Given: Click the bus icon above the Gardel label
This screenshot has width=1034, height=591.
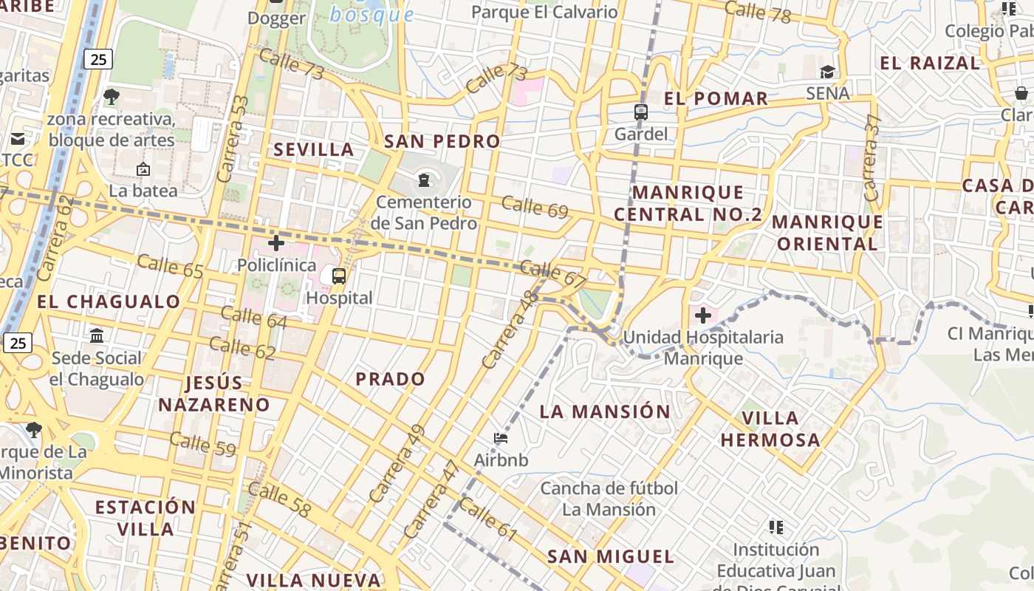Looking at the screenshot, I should click(x=641, y=112).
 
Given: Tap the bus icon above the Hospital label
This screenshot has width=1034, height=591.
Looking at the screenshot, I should click(x=339, y=276).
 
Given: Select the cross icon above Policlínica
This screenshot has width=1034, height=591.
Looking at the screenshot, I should click(x=276, y=242).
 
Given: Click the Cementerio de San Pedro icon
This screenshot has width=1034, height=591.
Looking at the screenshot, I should click(x=424, y=180).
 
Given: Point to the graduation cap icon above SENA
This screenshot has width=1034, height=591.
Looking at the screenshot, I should click(x=827, y=72).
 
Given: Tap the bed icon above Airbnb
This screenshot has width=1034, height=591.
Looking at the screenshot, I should click(x=501, y=438).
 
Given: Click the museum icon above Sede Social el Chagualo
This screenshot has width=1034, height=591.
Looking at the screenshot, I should click(x=97, y=336).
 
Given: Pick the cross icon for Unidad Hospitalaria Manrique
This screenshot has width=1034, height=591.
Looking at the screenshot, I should click(x=702, y=316).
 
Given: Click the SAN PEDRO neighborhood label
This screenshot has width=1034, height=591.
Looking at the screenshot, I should click(x=442, y=141).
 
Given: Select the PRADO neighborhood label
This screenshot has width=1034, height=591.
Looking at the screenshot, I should click(x=391, y=379).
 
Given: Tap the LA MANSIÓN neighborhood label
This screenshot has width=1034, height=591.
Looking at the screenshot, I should click(x=605, y=411).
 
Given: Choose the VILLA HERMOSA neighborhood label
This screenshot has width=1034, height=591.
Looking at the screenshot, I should click(x=770, y=429).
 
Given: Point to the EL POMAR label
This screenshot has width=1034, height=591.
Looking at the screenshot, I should click(x=716, y=98).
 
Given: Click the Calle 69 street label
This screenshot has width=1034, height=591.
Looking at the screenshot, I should click(x=535, y=208).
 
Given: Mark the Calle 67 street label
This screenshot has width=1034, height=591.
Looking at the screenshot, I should click(x=553, y=274).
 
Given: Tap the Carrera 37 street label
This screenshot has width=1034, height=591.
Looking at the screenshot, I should click(x=872, y=158).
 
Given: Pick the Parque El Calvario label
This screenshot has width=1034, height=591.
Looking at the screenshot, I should click(x=544, y=12).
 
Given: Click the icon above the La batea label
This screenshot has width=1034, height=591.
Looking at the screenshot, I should click(x=143, y=169).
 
